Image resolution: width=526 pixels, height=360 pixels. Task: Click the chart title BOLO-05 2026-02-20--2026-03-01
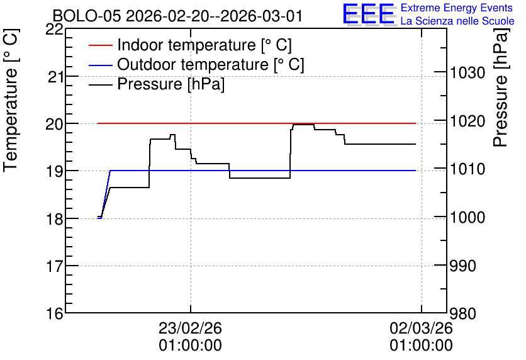point(177,16)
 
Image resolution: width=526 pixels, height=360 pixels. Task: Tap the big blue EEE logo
point(369,14)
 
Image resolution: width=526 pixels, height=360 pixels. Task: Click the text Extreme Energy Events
point(457,8)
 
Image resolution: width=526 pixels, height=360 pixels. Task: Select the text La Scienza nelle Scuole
point(457,21)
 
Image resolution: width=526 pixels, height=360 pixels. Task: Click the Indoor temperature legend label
point(204,45)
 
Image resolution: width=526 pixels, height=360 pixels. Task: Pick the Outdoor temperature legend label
point(211,64)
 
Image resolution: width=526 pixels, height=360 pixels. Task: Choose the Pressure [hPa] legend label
point(171,84)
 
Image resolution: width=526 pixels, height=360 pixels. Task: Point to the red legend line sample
point(100,45)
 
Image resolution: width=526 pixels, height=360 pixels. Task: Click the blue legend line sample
point(100,65)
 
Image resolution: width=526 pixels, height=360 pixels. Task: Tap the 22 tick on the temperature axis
point(54,30)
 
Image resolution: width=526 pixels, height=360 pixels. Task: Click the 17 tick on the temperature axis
point(54,266)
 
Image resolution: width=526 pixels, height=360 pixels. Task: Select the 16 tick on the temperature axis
point(54,313)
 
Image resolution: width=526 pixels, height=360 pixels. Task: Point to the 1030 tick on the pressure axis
point(467,72)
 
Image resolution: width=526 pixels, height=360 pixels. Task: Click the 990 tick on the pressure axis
point(463,266)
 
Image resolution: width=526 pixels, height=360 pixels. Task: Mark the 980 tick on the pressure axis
point(463,313)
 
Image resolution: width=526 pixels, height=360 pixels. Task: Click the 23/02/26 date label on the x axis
point(190,328)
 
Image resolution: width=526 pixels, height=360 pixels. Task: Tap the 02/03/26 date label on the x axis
point(421,328)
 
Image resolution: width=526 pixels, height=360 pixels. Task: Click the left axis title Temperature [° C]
point(11,100)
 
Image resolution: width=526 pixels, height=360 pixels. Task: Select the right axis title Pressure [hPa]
point(501,87)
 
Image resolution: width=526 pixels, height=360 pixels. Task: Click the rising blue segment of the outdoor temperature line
point(106,194)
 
